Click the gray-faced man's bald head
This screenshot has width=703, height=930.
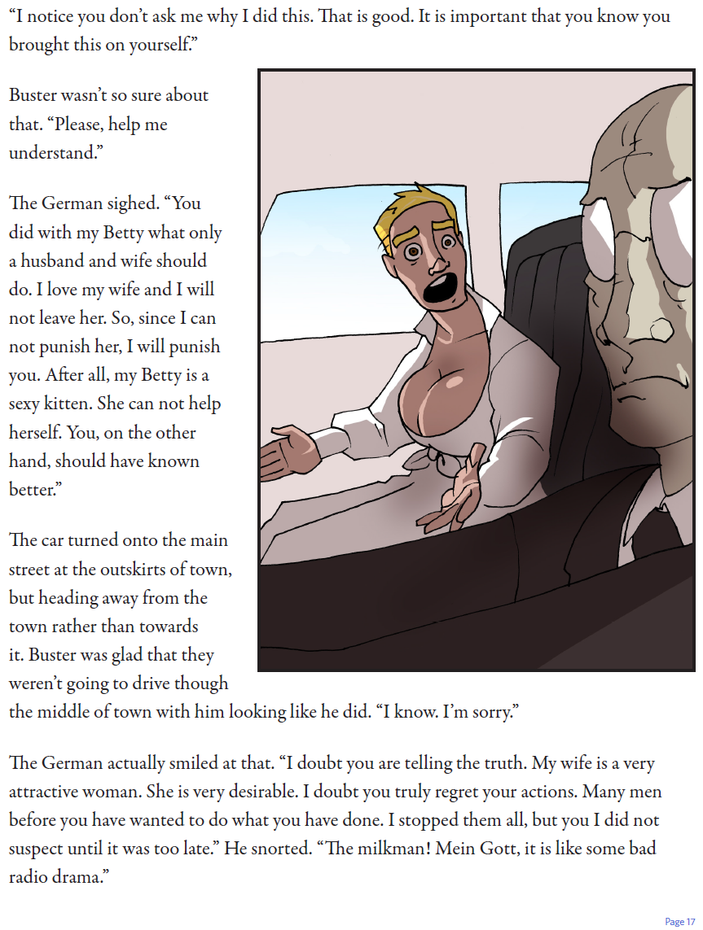click(x=644, y=138)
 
